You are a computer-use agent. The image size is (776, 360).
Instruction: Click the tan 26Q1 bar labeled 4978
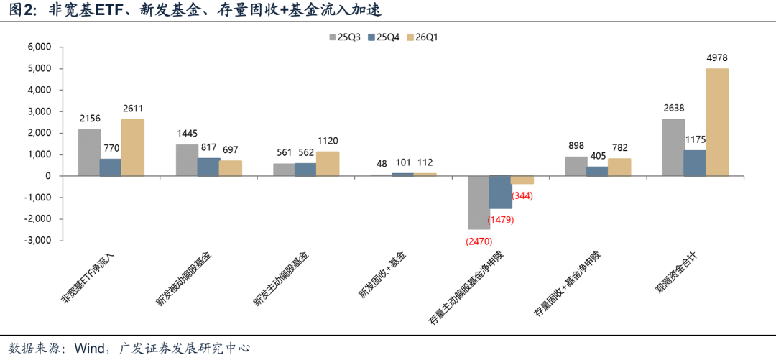pos(716,122)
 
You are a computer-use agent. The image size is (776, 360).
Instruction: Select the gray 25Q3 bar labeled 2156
pos(89,152)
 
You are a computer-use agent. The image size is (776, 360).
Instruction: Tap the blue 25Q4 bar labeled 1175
pos(695,162)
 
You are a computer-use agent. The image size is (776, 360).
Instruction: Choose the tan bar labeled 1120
pos(327,164)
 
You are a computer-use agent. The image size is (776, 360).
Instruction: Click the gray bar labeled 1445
pos(187,160)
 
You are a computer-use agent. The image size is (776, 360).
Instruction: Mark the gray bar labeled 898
pos(576,166)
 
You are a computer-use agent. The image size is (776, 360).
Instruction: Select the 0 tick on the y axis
pos(47,176)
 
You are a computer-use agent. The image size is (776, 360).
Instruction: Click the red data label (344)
pos(522,195)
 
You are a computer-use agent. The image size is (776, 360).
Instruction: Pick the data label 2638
pos(674,109)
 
